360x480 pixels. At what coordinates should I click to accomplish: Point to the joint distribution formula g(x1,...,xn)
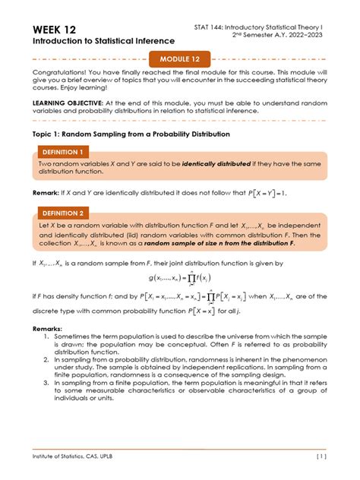(x=180, y=279)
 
